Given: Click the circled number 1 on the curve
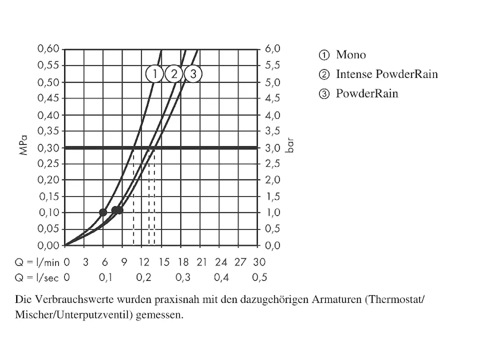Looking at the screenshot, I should (x=154, y=74).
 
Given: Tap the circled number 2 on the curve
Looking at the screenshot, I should (x=173, y=74).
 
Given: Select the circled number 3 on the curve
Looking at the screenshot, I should (x=193, y=74).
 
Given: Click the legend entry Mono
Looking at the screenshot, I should (x=350, y=55).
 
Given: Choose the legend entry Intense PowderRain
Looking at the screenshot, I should (x=386, y=74).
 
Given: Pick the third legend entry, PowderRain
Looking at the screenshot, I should (x=367, y=94).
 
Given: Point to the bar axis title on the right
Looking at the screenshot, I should (x=290, y=147).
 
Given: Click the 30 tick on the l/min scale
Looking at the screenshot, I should (x=259, y=262).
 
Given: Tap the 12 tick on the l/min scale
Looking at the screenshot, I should (x=143, y=262).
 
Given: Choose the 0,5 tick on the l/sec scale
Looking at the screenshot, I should (x=259, y=277).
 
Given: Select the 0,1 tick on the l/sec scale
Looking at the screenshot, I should (x=105, y=277).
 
